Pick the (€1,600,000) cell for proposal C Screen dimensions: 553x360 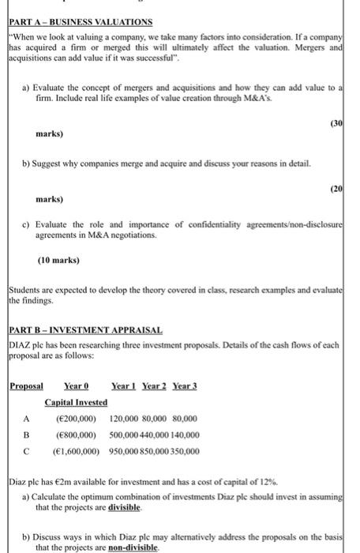click(x=73, y=452)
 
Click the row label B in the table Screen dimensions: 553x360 click(x=26, y=435)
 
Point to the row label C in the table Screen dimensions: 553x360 click(x=26, y=452)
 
